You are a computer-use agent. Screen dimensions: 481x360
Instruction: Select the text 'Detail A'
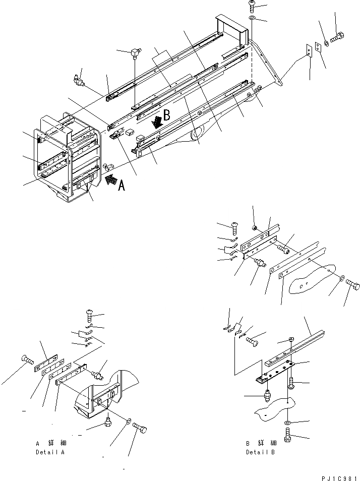[50, 452]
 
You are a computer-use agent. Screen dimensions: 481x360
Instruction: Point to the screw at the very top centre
[252, 7]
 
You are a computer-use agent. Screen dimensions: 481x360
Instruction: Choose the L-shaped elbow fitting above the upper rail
[135, 51]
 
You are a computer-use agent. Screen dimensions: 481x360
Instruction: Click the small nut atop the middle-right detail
[256, 226]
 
